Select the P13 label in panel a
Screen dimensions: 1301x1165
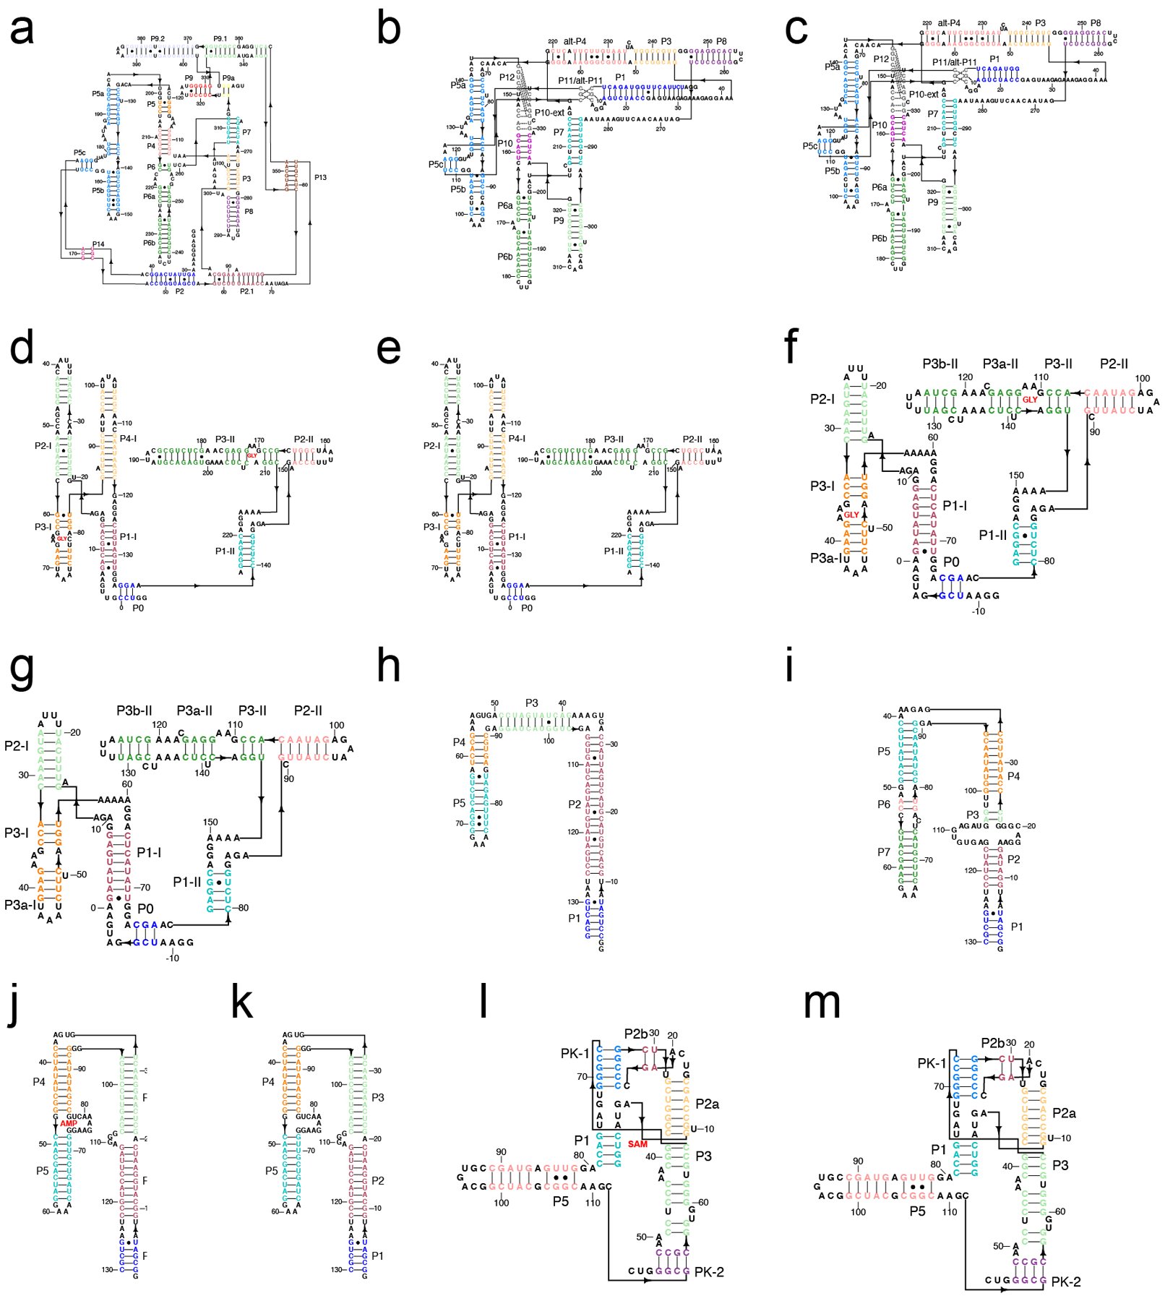[320, 177]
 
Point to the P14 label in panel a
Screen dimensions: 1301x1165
[98, 244]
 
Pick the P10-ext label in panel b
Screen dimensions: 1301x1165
[549, 113]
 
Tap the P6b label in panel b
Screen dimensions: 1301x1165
[504, 257]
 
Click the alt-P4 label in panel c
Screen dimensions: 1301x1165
[949, 23]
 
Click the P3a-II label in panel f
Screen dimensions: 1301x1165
[1000, 364]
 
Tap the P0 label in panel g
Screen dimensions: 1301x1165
[145, 908]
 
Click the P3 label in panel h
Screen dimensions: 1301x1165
[531, 703]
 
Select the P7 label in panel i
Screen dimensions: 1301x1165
[884, 852]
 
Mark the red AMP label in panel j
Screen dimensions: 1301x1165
[69, 1123]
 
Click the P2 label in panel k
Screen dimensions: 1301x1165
[377, 1180]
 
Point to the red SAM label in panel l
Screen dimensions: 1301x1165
[637, 1143]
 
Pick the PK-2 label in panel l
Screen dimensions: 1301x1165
[709, 1271]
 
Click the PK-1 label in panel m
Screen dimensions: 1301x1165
[932, 1062]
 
